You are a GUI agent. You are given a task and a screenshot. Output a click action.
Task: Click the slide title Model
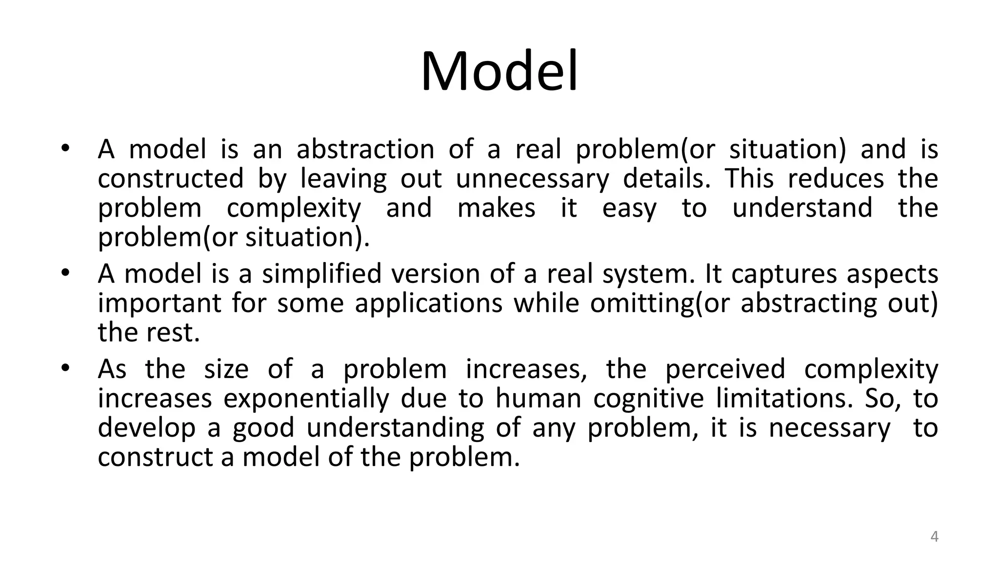(x=499, y=72)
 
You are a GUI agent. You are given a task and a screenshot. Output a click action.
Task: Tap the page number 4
(x=934, y=537)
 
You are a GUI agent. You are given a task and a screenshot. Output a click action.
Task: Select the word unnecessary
(x=532, y=179)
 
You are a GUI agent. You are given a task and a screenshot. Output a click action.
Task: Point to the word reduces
(x=836, y=179)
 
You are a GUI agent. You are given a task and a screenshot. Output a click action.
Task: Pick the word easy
(x=629, y=208)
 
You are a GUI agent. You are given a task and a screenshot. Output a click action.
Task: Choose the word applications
(x=428, y=303)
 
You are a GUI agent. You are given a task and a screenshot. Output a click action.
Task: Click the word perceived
(x=725, y=369)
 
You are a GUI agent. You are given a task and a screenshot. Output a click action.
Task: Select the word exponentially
(x=306, y=399)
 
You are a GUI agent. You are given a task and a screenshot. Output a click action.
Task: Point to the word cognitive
(x=649, y=399)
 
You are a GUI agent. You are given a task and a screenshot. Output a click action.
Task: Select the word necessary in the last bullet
(x=829, y=428)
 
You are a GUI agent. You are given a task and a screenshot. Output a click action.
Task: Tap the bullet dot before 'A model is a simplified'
(x=65, y=273)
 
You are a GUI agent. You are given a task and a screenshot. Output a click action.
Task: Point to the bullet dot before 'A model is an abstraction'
(x=65, y=148)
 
